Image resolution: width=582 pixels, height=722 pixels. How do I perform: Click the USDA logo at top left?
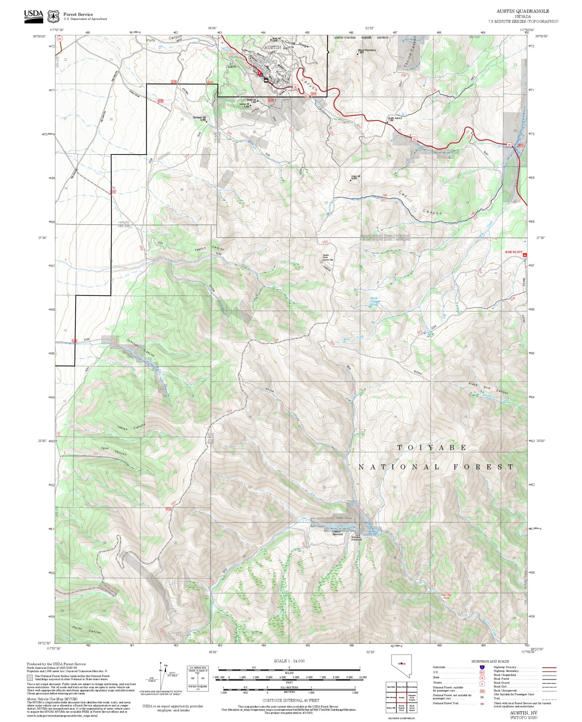tap(33, 16)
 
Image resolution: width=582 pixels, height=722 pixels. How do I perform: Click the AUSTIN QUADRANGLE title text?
tap(523, 11)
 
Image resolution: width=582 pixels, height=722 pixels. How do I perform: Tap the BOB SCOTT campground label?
tap(513, 252)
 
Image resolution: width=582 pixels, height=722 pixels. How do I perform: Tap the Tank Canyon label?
tap(113, 451)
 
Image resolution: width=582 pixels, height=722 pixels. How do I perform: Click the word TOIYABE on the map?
tap(431, 448)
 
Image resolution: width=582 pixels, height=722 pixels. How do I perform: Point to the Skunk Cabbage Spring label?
tap(375, 301)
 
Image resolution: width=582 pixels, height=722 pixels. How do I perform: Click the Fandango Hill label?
tap(199, 119)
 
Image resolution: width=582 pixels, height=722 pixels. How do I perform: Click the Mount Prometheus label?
tap(367, 51)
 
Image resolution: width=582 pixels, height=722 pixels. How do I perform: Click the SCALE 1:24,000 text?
tap(289, 661)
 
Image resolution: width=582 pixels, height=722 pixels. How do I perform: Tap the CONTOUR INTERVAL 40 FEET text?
tap(291, 700)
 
